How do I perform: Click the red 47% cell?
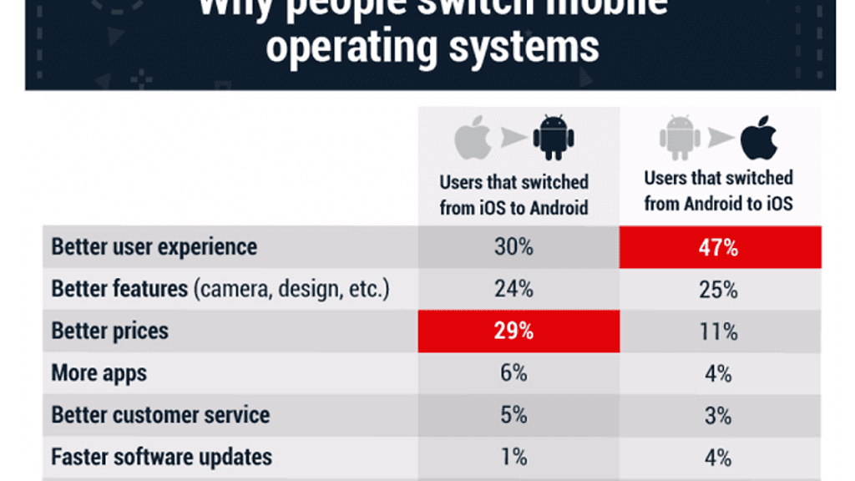click(x=720, y=248)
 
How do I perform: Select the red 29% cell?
click(x=514, y=331)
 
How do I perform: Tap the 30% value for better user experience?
click(x=514, y=248)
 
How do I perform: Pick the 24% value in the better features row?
click(x=514, y=290)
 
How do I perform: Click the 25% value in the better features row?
click(x=719, y=290)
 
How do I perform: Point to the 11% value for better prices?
click(x=719, y=332)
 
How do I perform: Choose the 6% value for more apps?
click(x=514, y=373)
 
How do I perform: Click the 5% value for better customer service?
click(x=514, y=415)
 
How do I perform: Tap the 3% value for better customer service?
click(x=719, y=415)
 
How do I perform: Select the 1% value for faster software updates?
click(x=514, y=457)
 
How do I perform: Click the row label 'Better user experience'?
click(x=154, y=248)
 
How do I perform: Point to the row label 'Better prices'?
click(x=110, y=332)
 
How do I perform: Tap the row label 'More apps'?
click(x=99, y=373)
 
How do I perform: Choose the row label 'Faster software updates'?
click(x=162, y=458)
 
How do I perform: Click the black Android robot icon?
click(x=554, y=139)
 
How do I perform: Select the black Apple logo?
click(x=758, y=139)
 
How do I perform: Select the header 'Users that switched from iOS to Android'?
click(x=514, y=195)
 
